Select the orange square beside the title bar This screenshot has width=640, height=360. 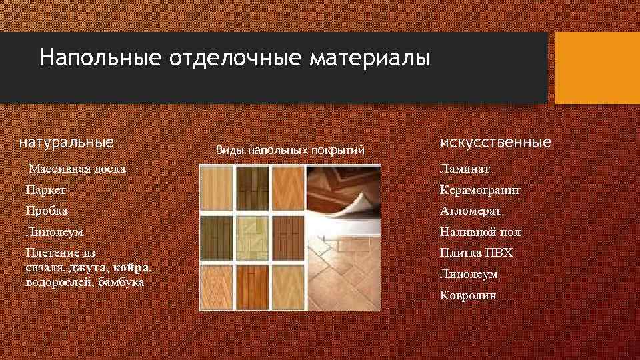pyautogui.click(x=597, y=67)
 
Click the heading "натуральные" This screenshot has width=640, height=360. pyautogui.click(x=66, y=142)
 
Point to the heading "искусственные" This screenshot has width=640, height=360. pyautogui.click(x=495, y=142)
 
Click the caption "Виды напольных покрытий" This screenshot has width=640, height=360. pyautogui.click(x=290, y=151)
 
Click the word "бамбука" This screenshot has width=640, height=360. pyautogui.click(x=121, y=281)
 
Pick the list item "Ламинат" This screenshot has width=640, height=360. pyautogui.click(x=465, y=169)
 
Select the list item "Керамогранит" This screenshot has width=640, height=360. pyautogui.click(x=480, y=190)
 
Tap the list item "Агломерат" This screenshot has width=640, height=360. pyautogui.click(x=471, y=211)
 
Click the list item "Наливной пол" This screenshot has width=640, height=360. pyautogui.click(x=480, y=233)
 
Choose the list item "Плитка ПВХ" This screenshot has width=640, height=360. pyautogui.click(x=475, y=253)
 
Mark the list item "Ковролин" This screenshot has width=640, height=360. pyautogui.click(x=468, y=295)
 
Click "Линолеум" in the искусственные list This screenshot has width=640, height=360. pyautogui.click(x=469, y=274)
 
